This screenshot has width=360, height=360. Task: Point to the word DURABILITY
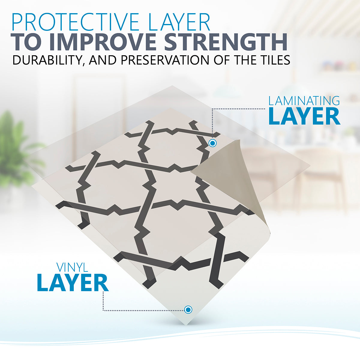48,60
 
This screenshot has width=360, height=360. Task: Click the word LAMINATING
304,101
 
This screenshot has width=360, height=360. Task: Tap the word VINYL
72,267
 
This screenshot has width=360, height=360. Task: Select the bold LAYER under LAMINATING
304,117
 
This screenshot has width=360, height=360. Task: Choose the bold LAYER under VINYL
73,283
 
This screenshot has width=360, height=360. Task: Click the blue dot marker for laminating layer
212,143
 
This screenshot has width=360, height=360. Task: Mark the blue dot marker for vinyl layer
188,310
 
